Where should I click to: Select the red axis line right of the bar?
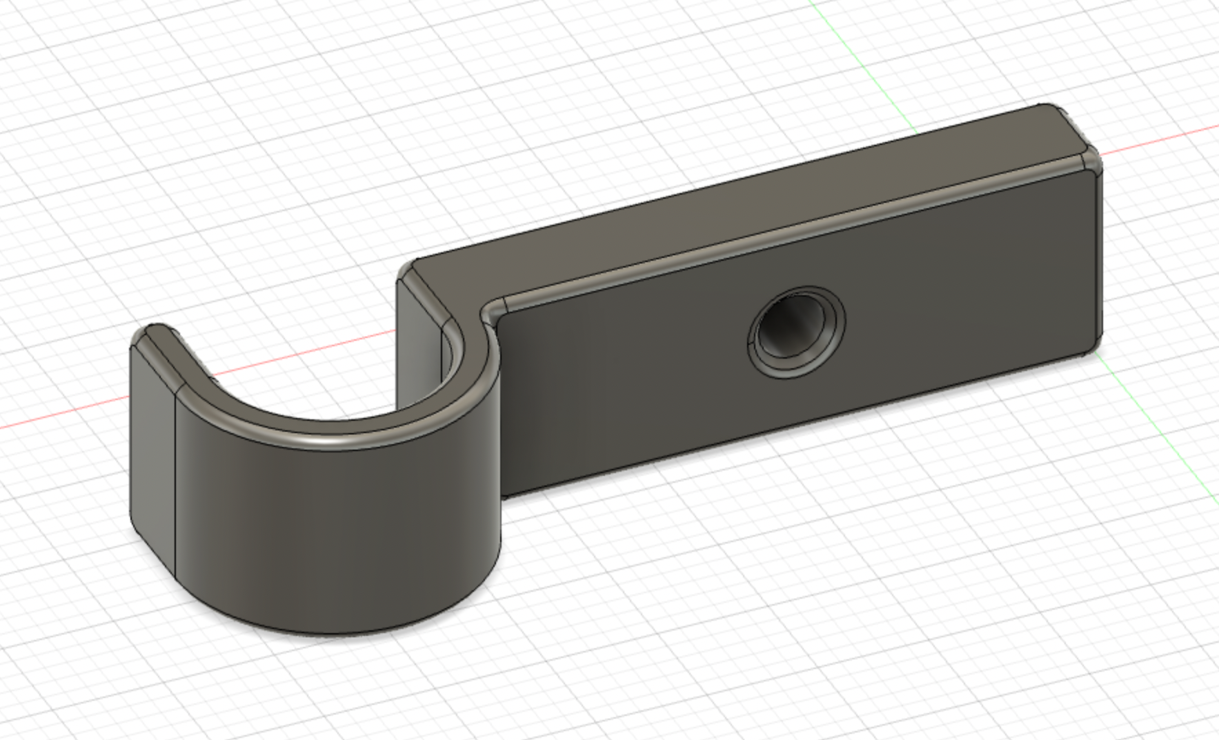click(x=1159, y=141)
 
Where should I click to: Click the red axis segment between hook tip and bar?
click(x=304, y=356)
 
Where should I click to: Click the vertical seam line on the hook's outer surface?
click(x=175, y=483)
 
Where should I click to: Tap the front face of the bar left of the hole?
click(x=621, y=386)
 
